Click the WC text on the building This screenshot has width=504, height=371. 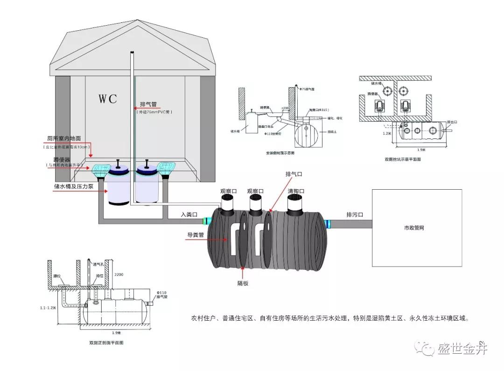[107, 99]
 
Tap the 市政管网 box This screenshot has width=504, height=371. [416, 228]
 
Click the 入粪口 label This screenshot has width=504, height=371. [189, 215]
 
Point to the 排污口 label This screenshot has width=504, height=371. [355, 215]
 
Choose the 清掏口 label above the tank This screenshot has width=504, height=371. [296, 192]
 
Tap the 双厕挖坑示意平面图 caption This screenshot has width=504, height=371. [403, 159]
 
